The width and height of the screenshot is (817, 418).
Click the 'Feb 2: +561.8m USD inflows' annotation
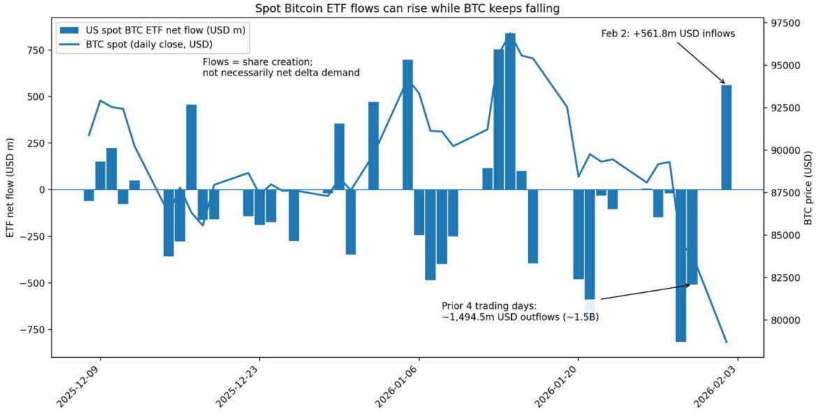[x=668, y=34]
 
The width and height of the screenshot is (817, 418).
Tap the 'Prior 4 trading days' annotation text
[x=520, y=312]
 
